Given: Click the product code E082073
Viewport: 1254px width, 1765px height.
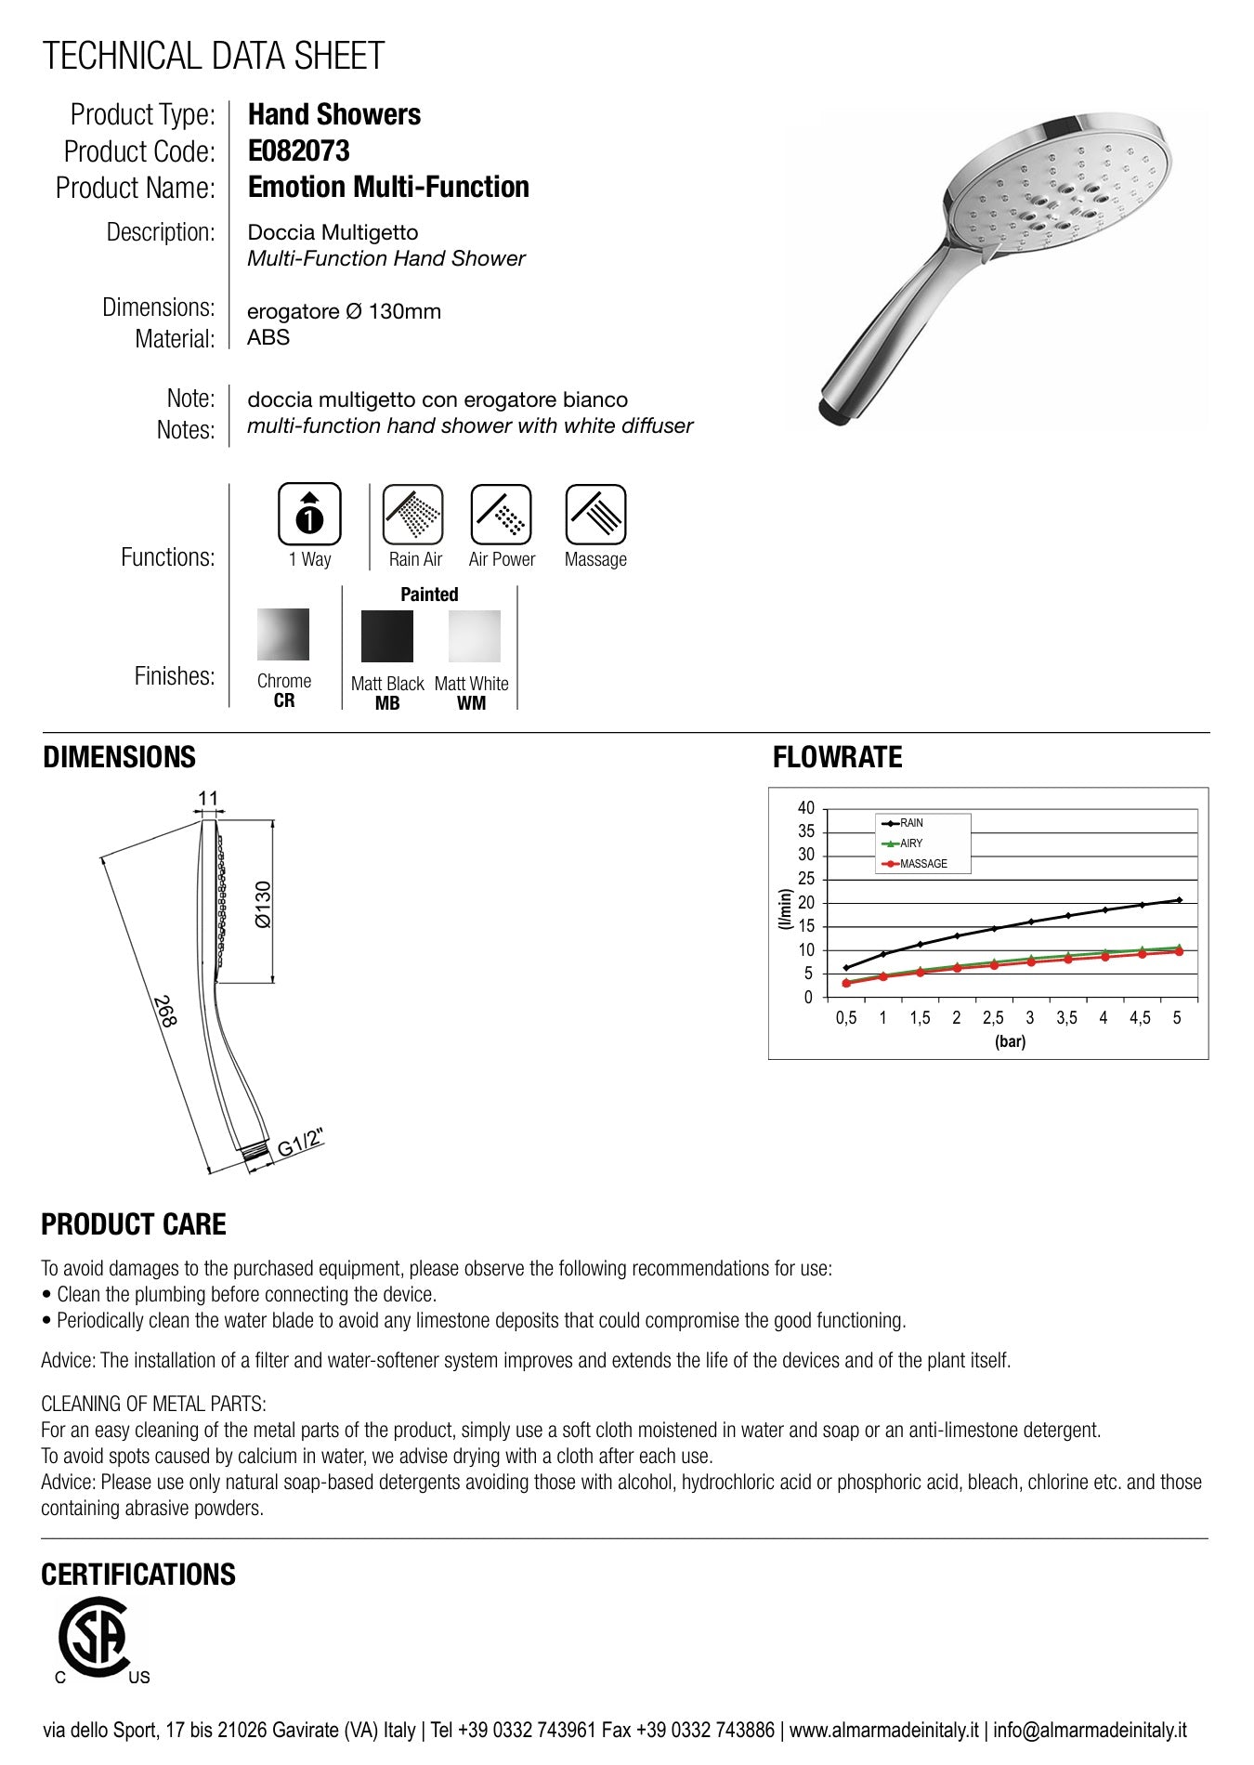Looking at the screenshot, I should (x=298, y=150).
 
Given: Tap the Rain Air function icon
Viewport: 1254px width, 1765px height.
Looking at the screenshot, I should (x=413, y=514).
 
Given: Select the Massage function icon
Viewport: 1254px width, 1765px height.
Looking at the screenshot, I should (x=595, y=514).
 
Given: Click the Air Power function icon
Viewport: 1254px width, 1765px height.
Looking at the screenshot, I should (x=501, y=514).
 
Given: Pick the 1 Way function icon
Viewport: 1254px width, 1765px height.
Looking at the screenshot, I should (x=309, y=514).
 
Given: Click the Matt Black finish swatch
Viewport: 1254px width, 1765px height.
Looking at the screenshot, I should (x=386, y=636).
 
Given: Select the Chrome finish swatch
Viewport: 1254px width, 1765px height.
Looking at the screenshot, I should (x=283, y=634).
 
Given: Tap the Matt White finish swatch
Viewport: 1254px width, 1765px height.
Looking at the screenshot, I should (x=474, y=636).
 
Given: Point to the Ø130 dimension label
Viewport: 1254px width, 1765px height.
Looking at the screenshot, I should (x=263, y=904).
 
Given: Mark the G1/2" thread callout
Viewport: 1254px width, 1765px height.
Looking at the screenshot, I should (x=300, y=1144).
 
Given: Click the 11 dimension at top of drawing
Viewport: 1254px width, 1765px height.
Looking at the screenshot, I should (x=208, y=798).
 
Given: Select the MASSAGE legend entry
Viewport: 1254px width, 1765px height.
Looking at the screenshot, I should (x=922, y=864).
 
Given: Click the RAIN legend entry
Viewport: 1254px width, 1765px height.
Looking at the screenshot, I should (x=910, y=823).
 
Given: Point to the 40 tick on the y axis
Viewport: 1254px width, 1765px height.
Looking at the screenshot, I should (x=805, y=808).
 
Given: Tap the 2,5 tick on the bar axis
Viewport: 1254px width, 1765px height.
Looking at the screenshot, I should (x=993, y=1018).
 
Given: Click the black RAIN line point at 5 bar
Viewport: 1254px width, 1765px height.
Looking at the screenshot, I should (x=1179, y=899).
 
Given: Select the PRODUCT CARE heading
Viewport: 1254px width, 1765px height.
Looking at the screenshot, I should (x=134, y=1224).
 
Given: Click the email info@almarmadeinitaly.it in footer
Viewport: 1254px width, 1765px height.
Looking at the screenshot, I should (x=1090, y=1731).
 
